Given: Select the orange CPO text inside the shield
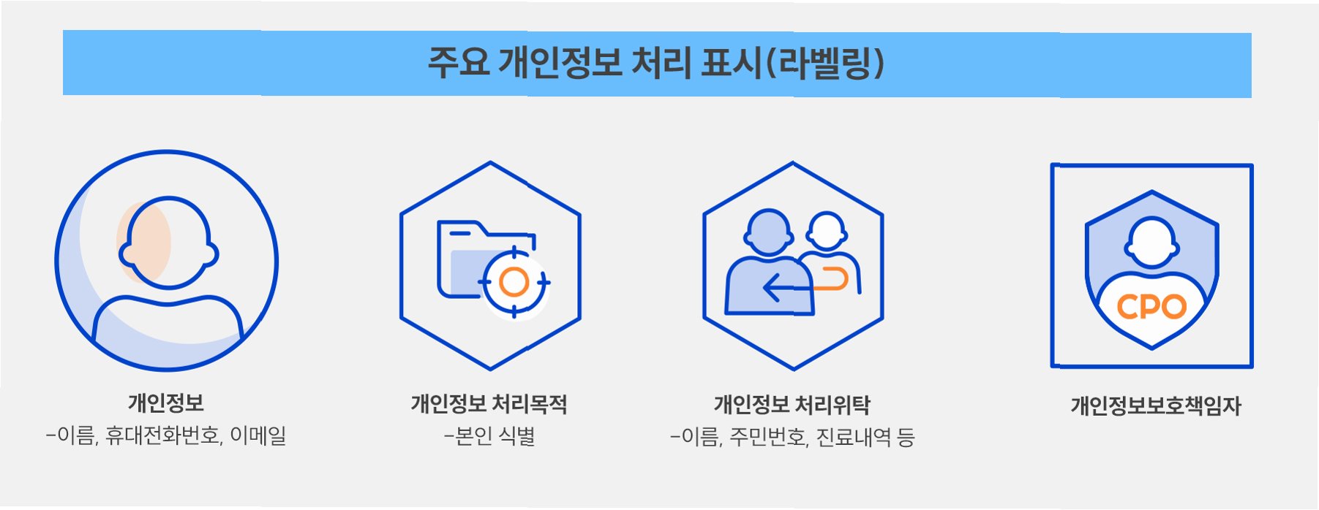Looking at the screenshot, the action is click(x=1151, y=307).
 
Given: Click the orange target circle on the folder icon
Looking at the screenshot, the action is click(x=514, y=282).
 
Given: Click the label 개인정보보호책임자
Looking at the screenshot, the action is click(x=1156, y=406).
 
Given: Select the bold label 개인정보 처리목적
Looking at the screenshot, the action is click(x=489, y=403).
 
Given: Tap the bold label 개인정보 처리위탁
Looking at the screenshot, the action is click(x=792, y=404).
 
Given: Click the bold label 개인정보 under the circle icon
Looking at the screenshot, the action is click(x=166, y=403).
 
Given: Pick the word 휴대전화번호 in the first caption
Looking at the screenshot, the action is click(x=162, y=435).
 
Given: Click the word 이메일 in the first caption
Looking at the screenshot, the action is click(x=258, y=435).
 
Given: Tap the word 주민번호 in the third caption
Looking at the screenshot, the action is click(x=769, y=437).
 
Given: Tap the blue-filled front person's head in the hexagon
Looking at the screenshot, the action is click(x=768, y=232).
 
